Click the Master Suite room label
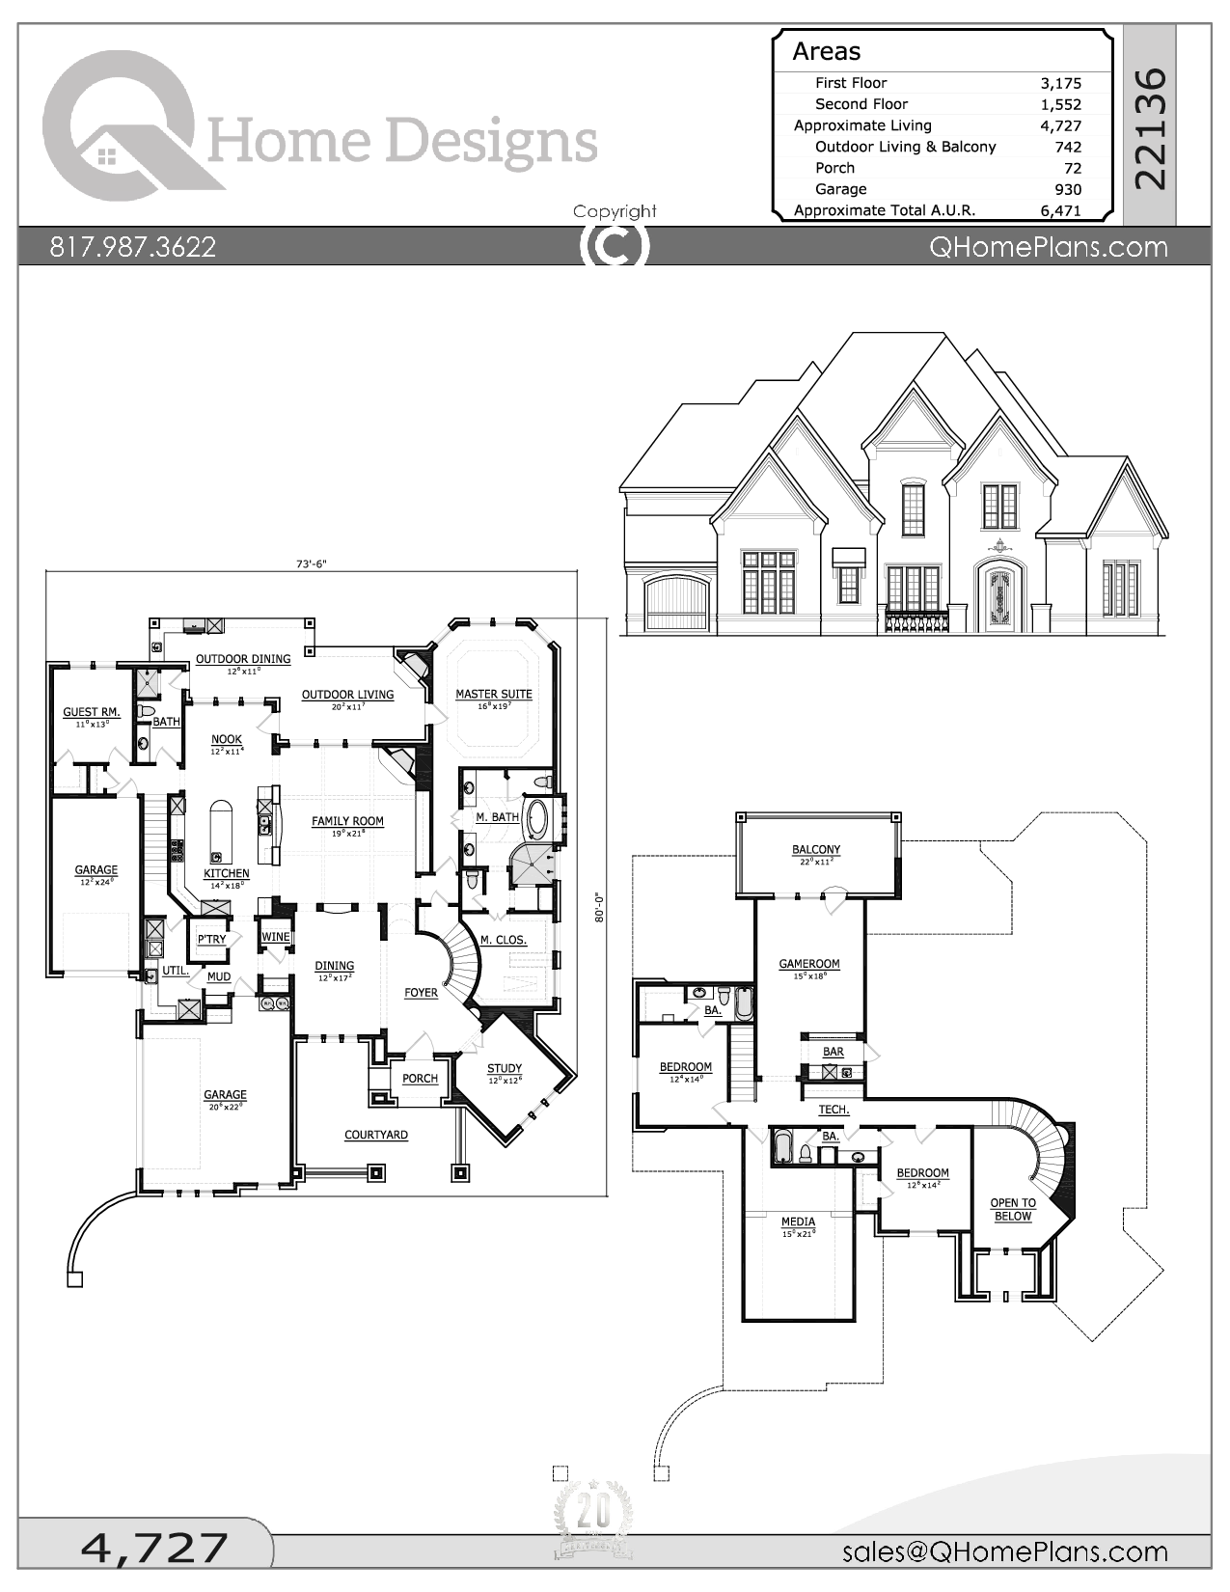[x=493, y=694]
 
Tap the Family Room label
[x=347, y=821]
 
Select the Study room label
[x=504, y=1068]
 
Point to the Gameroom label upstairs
[x=808, y=963]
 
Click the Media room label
[x=798, y=1221]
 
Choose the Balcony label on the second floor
[x=815, y=849]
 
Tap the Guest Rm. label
[x=92, y=712]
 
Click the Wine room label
[x=276, y=937]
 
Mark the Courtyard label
[x=375, y=1135]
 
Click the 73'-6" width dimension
[x=311, y=565]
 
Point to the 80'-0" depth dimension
[x=598, y=907]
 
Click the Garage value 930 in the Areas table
[x=1067, y=189]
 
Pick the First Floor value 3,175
[x=1060, y=83]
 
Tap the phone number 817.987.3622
[x=132, y=247]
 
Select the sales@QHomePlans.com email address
[x=1004, y=1551]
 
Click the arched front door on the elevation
[x=998, y=598]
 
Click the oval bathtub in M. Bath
[x=534, y=818]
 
